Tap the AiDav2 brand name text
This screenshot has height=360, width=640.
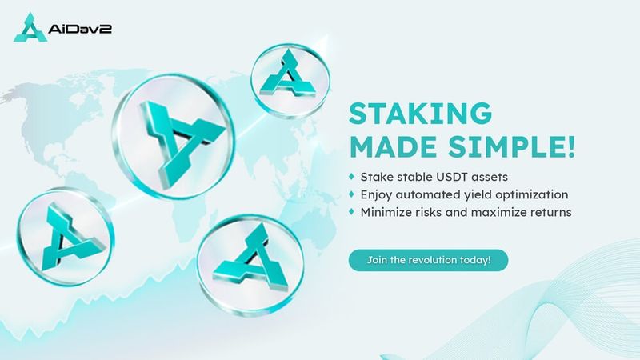click(x=80, y=29)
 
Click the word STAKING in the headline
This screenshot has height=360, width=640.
click(x=421, y=113)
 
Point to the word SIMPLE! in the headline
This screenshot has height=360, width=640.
click(x=512, y=146)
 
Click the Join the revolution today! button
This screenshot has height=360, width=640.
click(x=428, y=260)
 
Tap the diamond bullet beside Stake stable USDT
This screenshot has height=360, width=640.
click(x=351, y=176)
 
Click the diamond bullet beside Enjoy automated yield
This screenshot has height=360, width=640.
click(x=351, y=194)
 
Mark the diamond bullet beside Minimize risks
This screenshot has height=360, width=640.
click(x=351, y=211)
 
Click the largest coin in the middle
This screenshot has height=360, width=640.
click(x=174, y=136)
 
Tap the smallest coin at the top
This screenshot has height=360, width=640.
click(x=290, y=80)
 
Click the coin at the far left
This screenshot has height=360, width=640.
click(x=66, y=237)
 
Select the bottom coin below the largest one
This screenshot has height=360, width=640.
click(x=250, y=266)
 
